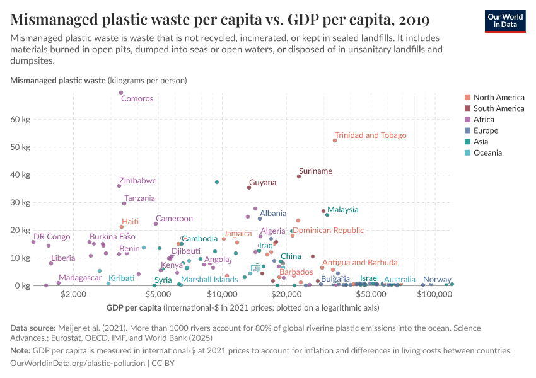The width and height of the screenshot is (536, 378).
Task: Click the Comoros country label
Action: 137,98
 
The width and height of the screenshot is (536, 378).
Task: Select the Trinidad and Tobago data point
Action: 335,140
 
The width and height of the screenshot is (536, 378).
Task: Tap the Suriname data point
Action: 299,176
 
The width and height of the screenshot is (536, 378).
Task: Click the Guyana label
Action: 262,183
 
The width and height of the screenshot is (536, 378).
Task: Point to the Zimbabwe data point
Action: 119,186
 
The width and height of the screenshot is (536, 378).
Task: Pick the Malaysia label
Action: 342,210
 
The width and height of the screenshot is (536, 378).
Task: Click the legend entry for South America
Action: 498,108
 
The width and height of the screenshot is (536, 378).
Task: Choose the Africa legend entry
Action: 483,120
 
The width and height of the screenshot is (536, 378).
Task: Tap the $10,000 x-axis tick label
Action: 222,294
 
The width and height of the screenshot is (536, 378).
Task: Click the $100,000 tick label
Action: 432,294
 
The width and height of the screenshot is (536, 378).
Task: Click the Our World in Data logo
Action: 504,20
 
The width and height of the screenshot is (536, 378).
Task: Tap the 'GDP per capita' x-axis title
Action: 130,308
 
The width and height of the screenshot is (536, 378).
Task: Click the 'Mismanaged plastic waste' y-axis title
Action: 58,81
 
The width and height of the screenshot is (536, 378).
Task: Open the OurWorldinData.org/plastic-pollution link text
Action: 78,364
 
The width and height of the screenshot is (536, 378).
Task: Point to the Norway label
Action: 437,280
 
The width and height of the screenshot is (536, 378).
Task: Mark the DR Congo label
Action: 52,237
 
